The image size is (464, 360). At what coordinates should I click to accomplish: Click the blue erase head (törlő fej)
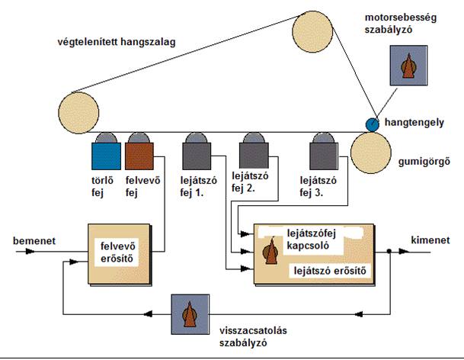tap(106, 152)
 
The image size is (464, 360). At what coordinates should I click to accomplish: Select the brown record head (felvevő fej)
tap(139, 152)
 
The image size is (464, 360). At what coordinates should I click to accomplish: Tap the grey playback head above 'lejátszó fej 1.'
tap(197, 152)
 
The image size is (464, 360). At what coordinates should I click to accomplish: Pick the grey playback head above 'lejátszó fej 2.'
tap(254, 151)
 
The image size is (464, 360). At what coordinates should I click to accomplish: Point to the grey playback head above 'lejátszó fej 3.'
tap(324, 152)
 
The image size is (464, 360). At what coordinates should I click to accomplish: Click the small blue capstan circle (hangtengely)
tap(373, 125)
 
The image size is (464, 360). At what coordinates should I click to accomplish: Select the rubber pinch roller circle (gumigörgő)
tap(371, 153)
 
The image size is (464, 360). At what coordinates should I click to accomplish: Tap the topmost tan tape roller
tap(312, 31)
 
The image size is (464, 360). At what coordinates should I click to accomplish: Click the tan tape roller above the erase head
tap(78, 113)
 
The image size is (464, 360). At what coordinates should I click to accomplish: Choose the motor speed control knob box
tap(408, 66)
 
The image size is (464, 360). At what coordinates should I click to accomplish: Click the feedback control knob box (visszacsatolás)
tap(190, 314)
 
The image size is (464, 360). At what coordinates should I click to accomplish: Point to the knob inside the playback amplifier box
tap(270, 251)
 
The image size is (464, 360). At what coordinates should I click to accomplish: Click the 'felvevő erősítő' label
tap(117, 252)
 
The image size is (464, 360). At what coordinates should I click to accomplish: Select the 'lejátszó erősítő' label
tap(330, 271)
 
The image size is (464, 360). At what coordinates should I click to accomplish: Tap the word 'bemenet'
tap(34, 240)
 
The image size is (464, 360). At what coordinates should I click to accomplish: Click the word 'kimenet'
tap(430, 240)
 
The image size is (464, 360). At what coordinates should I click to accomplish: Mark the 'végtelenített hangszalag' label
tap(117, 42)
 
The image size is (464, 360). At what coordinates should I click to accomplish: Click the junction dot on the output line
tap(389, 251)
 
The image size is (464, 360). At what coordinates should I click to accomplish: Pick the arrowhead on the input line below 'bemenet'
tap(30, 252)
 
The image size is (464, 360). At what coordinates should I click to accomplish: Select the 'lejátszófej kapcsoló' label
tap(312, 239)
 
